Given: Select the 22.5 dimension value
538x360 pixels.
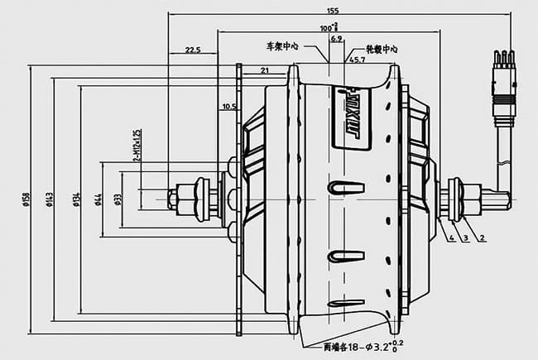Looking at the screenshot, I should pyautogui.click(x=193, y=50).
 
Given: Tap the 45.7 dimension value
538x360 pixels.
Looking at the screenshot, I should pyautogui.click(x=357, y=60).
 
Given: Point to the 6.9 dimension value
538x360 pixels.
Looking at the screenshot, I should pyautogui.click(x=336, y=39).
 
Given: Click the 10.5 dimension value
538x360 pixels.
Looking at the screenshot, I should pyautogui.click(x=229, y=107).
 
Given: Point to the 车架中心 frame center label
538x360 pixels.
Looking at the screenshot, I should pyautogui.click(x=281, y=46).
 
